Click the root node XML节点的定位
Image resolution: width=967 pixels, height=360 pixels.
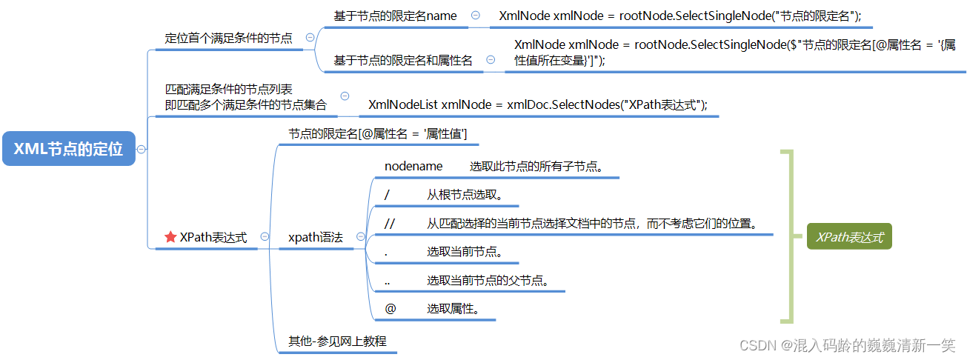(69, 149)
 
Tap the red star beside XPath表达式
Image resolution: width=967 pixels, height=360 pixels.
(170, 237)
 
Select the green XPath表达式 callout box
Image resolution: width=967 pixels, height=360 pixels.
(849, 237)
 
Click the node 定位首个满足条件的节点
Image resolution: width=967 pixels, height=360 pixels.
(228, 38)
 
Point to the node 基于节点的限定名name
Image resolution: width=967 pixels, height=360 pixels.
(395, 16)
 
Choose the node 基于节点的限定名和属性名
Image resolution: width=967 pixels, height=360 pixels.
(403, 61)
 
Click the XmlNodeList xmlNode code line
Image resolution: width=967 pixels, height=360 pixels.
(538, 104)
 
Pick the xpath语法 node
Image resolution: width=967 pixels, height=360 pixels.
(315, 237)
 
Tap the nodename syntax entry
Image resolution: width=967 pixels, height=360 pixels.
(413, 166)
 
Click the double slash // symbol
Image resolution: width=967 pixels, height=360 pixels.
(390, 222)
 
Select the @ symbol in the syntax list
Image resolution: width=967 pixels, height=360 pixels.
(390, 308)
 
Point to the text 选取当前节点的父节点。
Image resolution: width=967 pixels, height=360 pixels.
(487, 280)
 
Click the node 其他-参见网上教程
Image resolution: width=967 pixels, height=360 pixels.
(337, 341)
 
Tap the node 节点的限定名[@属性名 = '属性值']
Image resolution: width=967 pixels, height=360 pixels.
(377, 134)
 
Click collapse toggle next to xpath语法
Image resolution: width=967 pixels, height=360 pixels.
(361, 237)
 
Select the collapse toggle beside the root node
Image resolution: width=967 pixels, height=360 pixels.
(141, 149)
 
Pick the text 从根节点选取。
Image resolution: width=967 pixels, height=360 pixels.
(465, 195)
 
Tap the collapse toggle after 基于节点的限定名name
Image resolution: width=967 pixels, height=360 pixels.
(475, 16)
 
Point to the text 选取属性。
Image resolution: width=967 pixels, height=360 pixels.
(452, 308)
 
